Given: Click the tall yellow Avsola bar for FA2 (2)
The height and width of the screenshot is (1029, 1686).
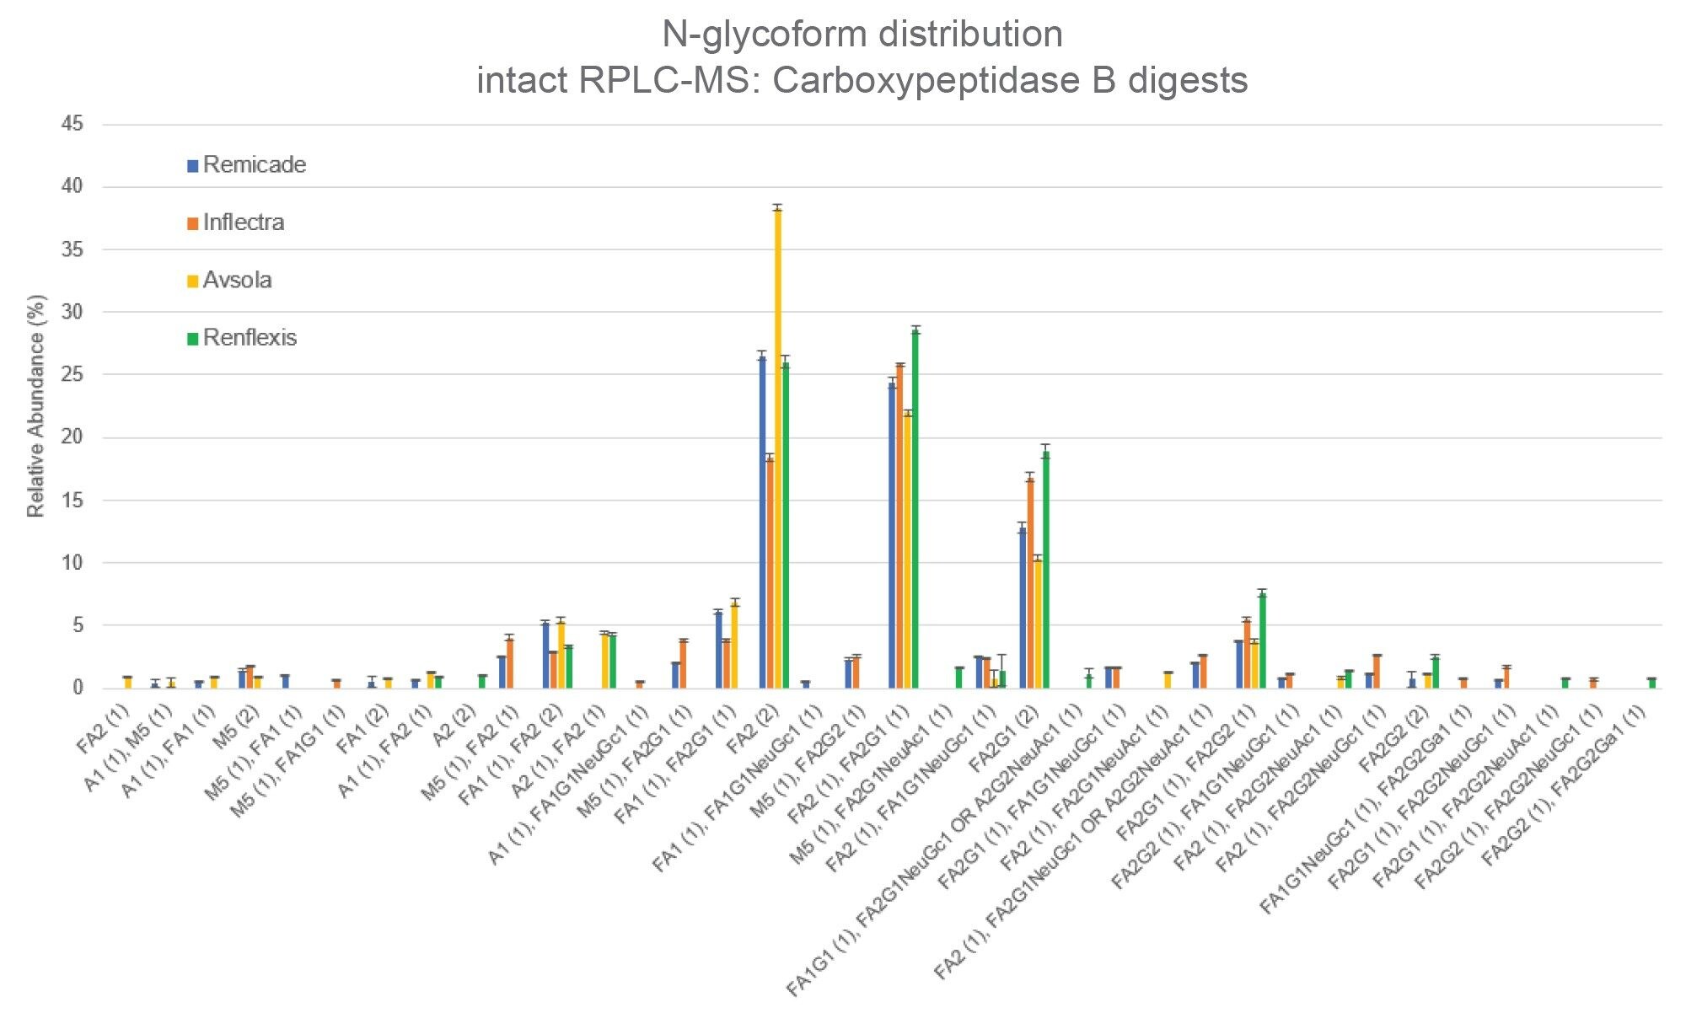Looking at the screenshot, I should (777, 447).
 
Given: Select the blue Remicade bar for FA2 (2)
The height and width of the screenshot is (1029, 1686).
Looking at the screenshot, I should (762, 523).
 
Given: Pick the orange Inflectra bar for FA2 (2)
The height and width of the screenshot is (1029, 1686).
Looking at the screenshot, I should (770, 573).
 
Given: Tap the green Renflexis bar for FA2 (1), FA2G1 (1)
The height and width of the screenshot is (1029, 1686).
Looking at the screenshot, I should (915, 510).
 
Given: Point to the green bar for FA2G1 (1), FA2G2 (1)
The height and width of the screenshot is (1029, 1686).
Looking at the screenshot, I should (1262, 640).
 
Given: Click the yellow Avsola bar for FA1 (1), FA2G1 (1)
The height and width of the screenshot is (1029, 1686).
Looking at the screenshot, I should (734, 646).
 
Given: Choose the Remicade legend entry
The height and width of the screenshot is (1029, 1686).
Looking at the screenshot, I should (254, 165).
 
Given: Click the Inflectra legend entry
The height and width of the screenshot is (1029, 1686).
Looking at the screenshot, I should (243, 222).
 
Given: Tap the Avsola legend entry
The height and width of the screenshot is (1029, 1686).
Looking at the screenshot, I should (237, 280).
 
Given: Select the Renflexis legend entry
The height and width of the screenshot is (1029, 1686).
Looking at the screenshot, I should (250, 338).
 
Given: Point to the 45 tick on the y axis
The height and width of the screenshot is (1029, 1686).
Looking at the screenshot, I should (73, 125).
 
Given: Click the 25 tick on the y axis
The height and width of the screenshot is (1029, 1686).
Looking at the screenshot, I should (73, 375).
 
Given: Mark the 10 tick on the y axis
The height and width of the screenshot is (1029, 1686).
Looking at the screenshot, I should (73, 563).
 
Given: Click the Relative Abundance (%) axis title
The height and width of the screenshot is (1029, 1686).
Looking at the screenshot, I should (36, 406).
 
